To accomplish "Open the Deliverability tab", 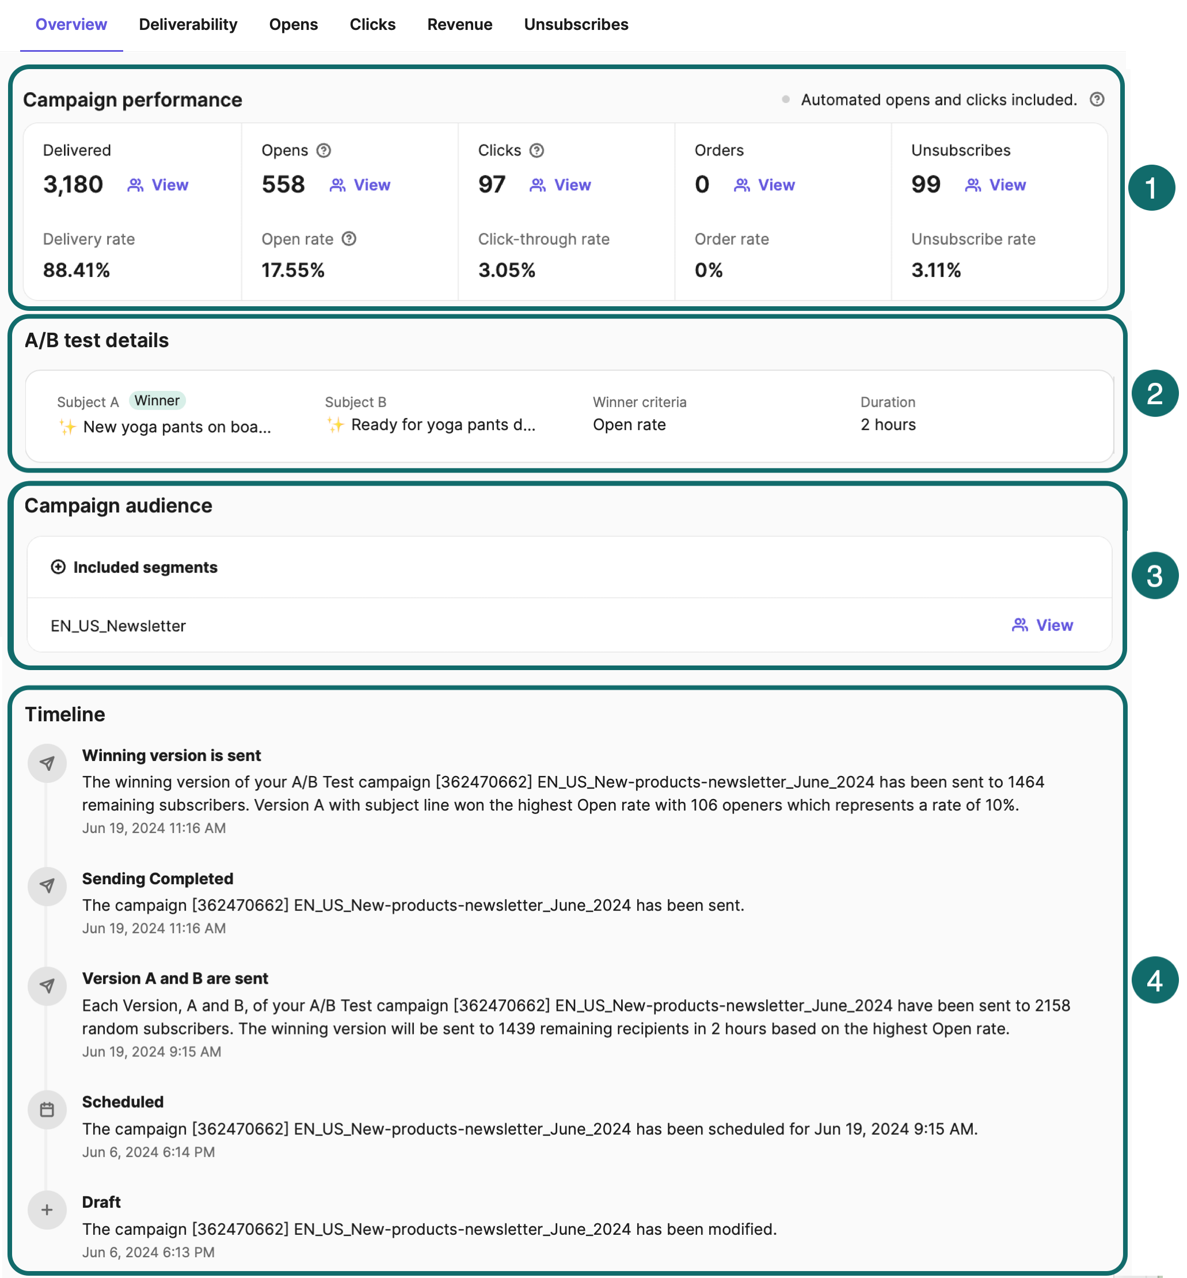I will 188,24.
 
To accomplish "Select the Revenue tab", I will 459,24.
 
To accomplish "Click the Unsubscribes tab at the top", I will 576,24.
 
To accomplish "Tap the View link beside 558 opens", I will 360,185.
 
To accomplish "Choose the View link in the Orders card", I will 764,185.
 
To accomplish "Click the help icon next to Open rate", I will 349,239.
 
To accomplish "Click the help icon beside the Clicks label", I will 537,150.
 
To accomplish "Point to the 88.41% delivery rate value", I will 77,271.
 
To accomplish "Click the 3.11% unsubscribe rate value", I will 935,271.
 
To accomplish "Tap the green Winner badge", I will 157,401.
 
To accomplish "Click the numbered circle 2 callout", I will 1154,394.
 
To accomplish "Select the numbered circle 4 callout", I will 1154,980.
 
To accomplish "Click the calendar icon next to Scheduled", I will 47,1110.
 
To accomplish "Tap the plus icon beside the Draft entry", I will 47,1210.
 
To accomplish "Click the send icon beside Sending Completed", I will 47,886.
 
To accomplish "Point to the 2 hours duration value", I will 888,424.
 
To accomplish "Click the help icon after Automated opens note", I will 1097,100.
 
